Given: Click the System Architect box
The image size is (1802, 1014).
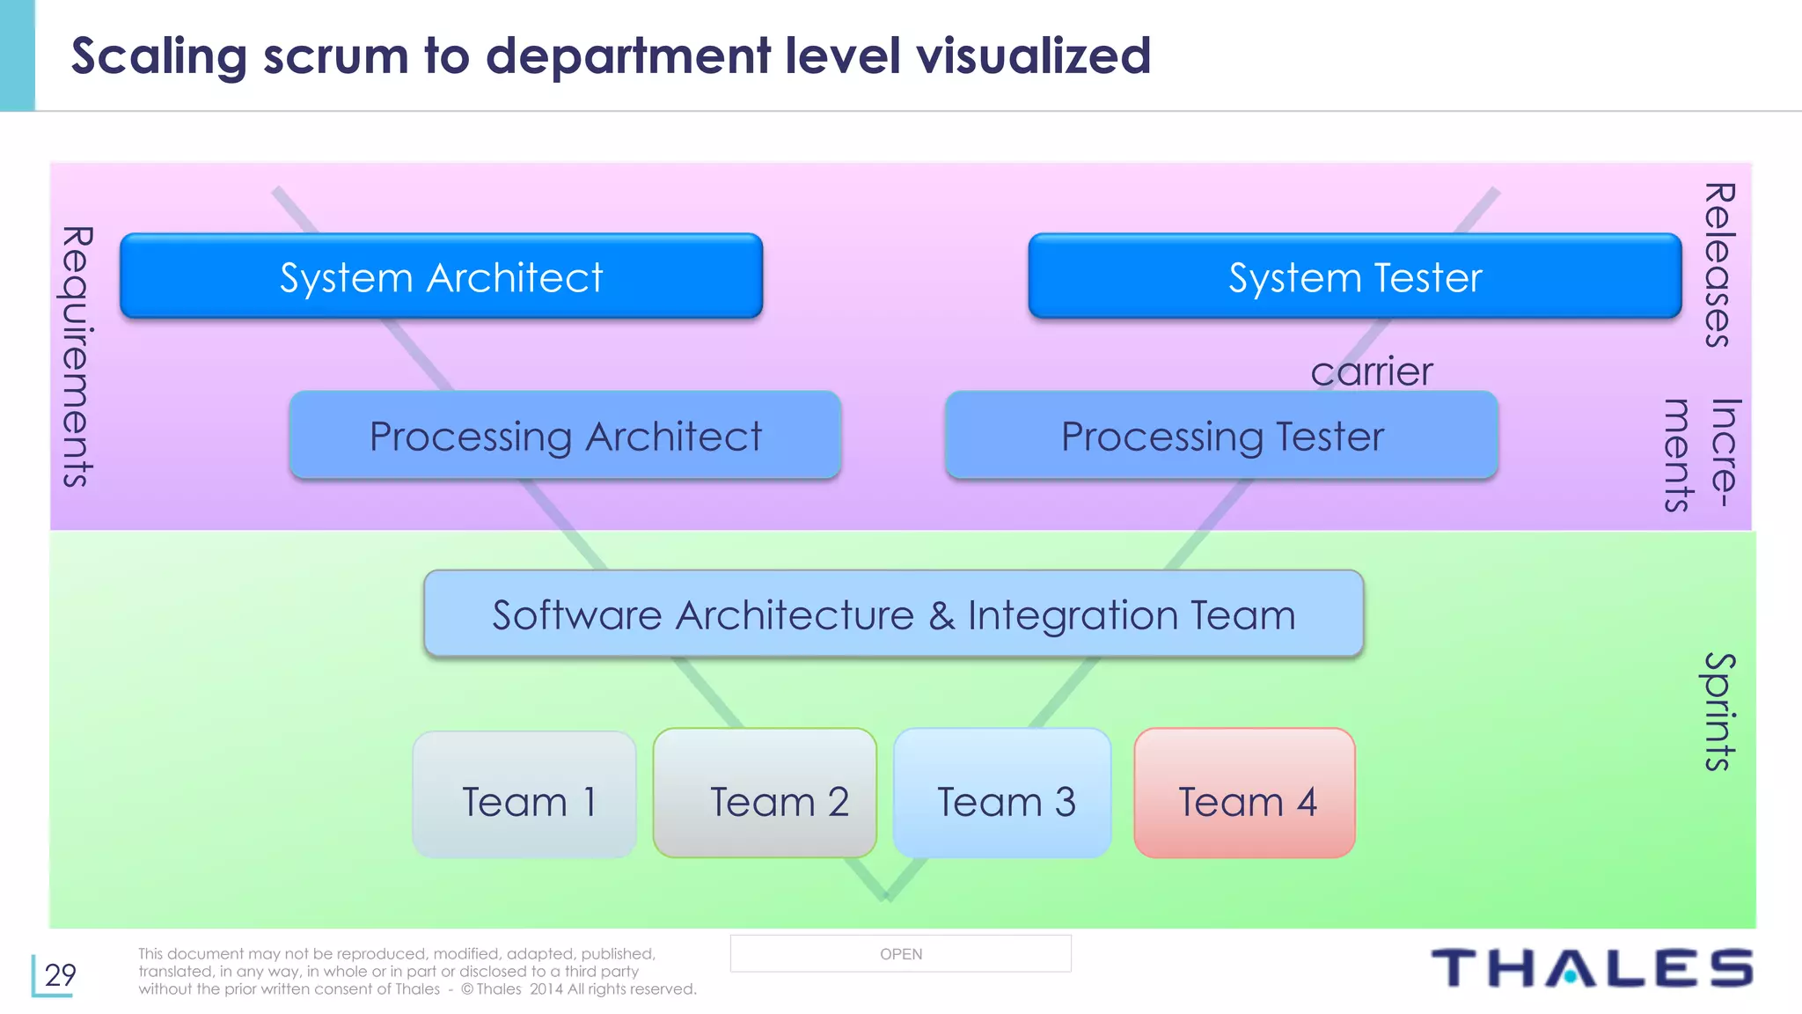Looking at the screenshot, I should [441, 276].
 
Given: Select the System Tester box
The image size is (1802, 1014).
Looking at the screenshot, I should [1354, 276].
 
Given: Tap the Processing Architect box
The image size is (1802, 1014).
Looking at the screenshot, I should [565, 435].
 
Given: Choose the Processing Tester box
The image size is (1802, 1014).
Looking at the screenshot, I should [1221, 435].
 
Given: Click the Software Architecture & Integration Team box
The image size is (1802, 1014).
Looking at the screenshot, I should [893, 614].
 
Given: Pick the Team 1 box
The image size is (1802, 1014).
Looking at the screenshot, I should [524, 794].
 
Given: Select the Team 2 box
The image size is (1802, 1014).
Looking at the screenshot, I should [765, 793].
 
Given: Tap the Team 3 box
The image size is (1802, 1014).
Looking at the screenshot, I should [1002, 793].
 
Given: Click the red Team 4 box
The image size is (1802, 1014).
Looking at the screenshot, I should [1244, 793].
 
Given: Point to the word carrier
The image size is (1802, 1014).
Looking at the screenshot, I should [1371, 371].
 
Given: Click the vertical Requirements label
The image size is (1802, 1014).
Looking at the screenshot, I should [77, 356].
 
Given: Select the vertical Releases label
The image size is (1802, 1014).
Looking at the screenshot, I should [1718, 265].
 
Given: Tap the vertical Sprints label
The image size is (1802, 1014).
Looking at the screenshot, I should [1719, 711].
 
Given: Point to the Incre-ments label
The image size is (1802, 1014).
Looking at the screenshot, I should [1702, 454].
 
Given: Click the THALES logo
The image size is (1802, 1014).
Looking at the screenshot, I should [1592, 968].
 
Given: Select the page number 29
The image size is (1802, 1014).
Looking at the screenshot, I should [60, 974].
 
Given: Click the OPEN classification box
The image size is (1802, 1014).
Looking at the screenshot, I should [900, 953].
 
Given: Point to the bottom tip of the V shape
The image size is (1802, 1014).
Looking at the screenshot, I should [886, 897].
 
